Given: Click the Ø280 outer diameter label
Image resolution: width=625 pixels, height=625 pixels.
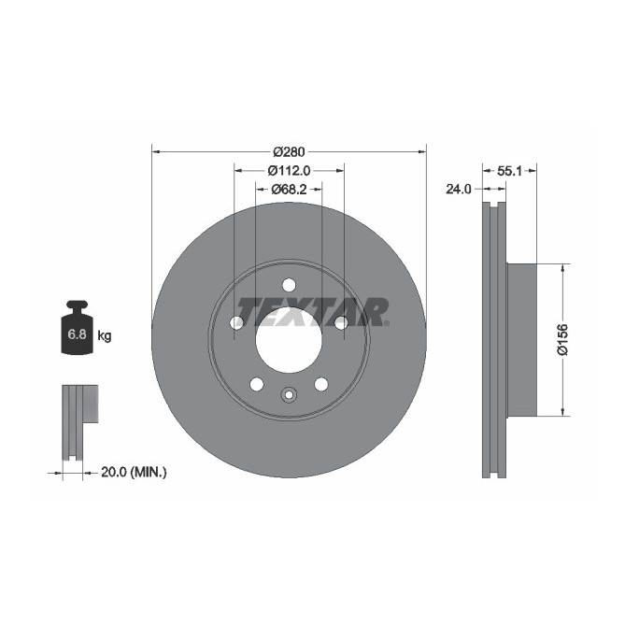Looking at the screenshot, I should click(289, 151).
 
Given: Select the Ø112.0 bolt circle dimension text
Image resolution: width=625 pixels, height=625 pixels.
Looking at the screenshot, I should click(289, 170).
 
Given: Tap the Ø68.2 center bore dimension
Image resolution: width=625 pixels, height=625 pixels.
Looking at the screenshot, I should click(289, 189).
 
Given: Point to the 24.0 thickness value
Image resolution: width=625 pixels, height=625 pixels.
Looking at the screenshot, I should click(458, 189).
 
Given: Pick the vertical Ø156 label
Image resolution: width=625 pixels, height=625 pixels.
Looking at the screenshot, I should click(562, 340).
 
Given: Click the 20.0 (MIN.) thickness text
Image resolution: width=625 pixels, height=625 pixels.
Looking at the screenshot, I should click(132, 473).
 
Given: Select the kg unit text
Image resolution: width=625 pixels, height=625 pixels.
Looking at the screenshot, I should click(105, 335).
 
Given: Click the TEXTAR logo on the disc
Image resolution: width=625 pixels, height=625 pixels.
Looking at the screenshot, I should click(312, 310).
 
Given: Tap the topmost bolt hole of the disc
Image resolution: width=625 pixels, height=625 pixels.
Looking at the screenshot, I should click(288, 285).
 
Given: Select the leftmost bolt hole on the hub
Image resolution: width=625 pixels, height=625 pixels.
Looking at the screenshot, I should click(235, 323).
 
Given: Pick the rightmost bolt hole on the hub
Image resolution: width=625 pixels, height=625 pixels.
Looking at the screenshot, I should click(341, 323).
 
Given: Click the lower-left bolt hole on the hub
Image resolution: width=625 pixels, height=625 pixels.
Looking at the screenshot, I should click(255, 384).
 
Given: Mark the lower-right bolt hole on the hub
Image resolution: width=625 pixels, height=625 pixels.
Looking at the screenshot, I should click(321, 384).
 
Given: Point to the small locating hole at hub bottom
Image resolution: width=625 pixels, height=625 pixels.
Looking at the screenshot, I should click(288, 394).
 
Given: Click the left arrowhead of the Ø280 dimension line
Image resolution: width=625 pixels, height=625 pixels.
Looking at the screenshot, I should click(156, 151).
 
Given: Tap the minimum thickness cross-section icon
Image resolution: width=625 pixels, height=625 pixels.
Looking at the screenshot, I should click(79, 420).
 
